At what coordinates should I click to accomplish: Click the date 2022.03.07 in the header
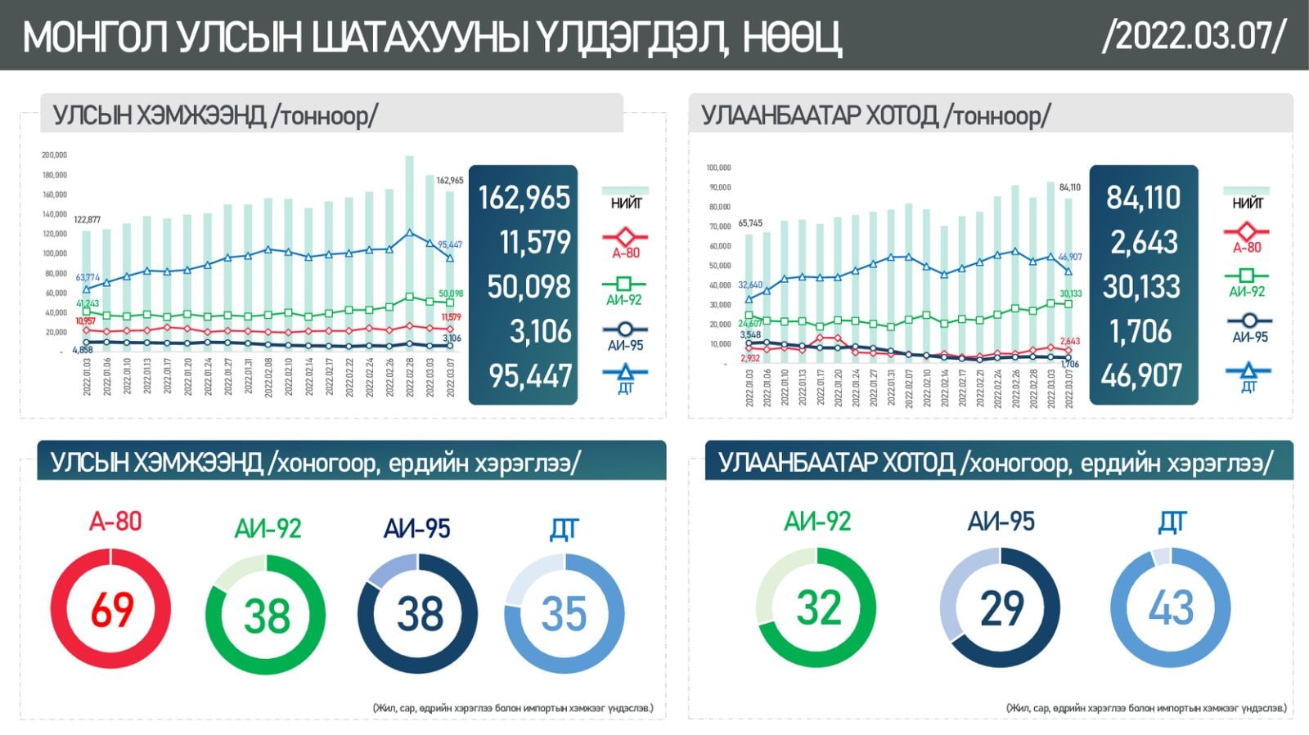[1194, 36]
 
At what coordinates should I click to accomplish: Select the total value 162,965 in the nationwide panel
[524, 198]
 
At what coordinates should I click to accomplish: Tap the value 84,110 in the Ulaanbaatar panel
[1143, 198]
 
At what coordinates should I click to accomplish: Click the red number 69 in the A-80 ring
[111, 609]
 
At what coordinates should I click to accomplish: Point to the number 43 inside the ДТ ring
[1171, 608]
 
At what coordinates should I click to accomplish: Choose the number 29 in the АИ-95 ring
[1001, 608]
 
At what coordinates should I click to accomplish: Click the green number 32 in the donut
[818, 608]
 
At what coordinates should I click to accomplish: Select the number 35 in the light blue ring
[564, 614]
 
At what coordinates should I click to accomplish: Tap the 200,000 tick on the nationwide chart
[54, 155]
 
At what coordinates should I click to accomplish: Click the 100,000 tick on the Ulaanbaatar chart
[718, 168]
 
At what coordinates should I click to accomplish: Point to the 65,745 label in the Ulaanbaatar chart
[749, 222]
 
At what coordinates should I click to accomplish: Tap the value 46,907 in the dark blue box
[1141, 376]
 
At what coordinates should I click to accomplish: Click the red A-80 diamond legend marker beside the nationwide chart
[625, 236]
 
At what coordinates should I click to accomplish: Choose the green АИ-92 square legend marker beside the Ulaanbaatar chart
[1247, 276]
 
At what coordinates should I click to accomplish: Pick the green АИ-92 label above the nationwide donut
[268, 528]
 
